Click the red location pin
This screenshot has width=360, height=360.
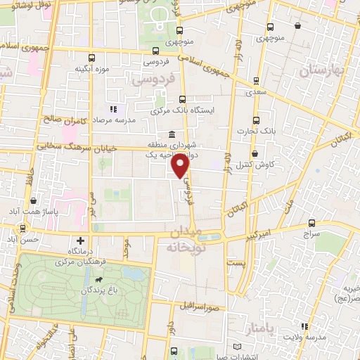[181, 166]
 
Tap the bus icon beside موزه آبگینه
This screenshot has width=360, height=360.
[91, 58]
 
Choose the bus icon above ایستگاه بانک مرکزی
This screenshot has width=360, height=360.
[183, 99]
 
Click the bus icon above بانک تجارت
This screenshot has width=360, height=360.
[257, 119]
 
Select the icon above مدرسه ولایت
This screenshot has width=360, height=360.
[304, 326]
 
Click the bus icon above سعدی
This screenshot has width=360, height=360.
[252, 81]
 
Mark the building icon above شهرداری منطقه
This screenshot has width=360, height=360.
[172, 135]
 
